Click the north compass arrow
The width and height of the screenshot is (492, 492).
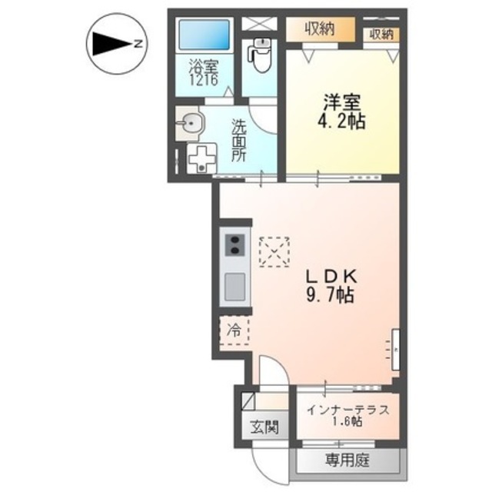[x=114, y=45]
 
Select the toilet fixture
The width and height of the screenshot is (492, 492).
[x=261, y=53]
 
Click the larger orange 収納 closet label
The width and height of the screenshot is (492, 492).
[x=321, y=31]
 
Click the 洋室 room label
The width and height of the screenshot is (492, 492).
[x=343, y=102]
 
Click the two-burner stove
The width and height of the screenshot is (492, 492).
[x=234, y=246]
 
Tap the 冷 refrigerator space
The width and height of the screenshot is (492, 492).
[x=234, y=331]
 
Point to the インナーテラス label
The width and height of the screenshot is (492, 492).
[x=347, y=409]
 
